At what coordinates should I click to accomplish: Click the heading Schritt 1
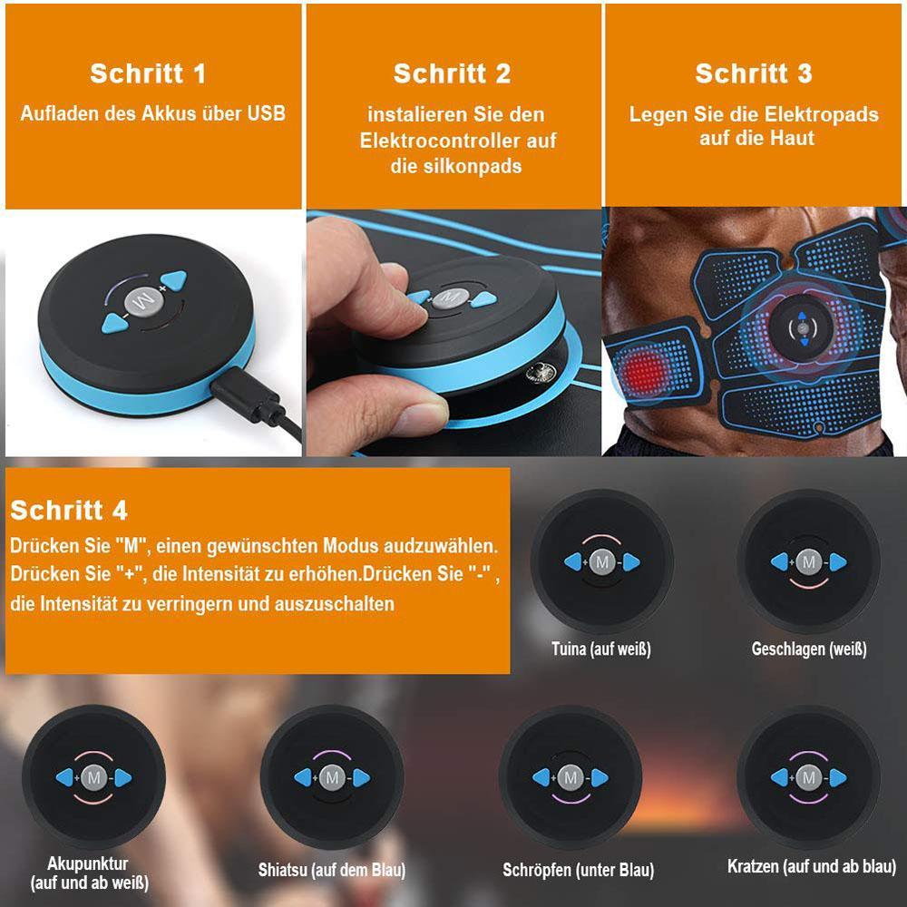point(148,73)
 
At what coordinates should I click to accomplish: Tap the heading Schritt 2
point(453,73)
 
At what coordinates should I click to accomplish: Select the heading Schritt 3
point(754,73)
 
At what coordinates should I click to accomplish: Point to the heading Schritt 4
point(69,510)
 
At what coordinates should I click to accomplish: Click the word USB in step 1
point(267,113)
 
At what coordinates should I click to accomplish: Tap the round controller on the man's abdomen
point(803,328)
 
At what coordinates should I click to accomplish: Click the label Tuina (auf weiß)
point(601,649)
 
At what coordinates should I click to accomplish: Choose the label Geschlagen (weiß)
point(809,649)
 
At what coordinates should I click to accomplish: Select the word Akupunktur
point(88,864)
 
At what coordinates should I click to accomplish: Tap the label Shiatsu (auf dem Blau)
point(332,870)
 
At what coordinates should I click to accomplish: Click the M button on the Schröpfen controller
point(571,778)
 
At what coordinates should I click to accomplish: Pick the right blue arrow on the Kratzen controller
point(837,778)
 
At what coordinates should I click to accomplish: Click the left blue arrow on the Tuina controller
point(573,561)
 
